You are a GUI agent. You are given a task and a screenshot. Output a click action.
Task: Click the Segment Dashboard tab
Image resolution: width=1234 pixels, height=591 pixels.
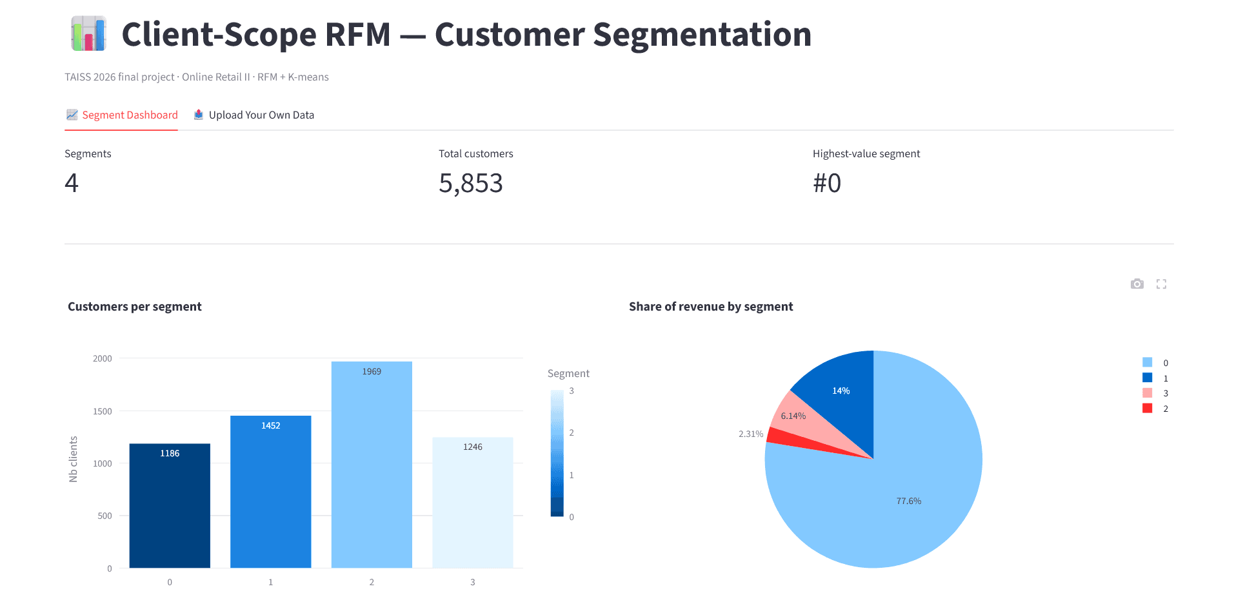(122, 115)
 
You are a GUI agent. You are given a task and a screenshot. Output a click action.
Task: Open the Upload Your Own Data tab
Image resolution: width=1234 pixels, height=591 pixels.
(254, 115)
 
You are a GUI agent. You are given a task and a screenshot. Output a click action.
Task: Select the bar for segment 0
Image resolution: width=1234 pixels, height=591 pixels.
(170, 506)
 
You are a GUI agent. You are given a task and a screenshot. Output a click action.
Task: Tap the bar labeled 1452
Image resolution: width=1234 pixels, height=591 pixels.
(271, 492)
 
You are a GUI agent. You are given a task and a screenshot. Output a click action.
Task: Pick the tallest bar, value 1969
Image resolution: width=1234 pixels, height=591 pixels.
(372, 465)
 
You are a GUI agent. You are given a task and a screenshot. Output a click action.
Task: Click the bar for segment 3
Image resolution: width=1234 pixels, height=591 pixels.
(473, 503)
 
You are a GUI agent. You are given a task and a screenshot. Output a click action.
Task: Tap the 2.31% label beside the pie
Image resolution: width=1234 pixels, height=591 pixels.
(751, 434)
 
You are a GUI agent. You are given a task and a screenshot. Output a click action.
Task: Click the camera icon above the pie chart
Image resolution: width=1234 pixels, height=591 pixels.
(1137, 284)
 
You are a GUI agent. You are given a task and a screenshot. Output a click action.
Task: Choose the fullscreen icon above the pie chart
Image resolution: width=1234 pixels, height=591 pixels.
(1161, 284)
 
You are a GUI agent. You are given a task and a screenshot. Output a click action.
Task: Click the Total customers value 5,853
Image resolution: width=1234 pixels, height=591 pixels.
(471, 183)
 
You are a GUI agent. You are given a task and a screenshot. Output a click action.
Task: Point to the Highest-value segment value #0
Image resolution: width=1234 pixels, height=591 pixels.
(827, 183)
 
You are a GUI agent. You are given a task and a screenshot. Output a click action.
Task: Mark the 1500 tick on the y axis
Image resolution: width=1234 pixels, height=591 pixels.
(103, 411)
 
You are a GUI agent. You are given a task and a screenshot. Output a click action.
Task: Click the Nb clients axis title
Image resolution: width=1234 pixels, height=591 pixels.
(74, 459)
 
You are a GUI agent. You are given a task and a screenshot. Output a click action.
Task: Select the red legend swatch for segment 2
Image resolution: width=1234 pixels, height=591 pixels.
(1147, 408)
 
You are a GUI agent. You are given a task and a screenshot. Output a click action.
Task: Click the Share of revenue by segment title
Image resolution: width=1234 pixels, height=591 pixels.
(711, 307)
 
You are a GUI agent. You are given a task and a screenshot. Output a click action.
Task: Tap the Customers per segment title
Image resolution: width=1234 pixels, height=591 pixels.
(135, 307)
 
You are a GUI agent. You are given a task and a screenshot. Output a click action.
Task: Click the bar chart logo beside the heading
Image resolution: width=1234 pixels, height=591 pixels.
(88, 34)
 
